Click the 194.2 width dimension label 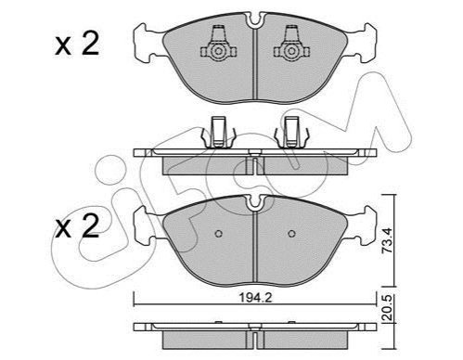point(255,298)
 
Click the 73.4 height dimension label point(387,240)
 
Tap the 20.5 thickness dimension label point(387,308)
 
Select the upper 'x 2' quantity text point(77,45)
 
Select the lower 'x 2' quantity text point(77,226)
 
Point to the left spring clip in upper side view point(219,132)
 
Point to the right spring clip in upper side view point(291,132)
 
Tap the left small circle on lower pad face point(219,234)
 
